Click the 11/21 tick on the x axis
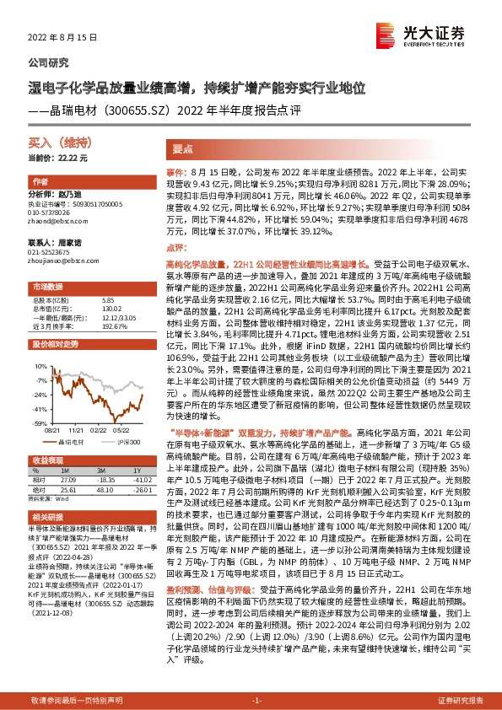[x=76, y=428]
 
